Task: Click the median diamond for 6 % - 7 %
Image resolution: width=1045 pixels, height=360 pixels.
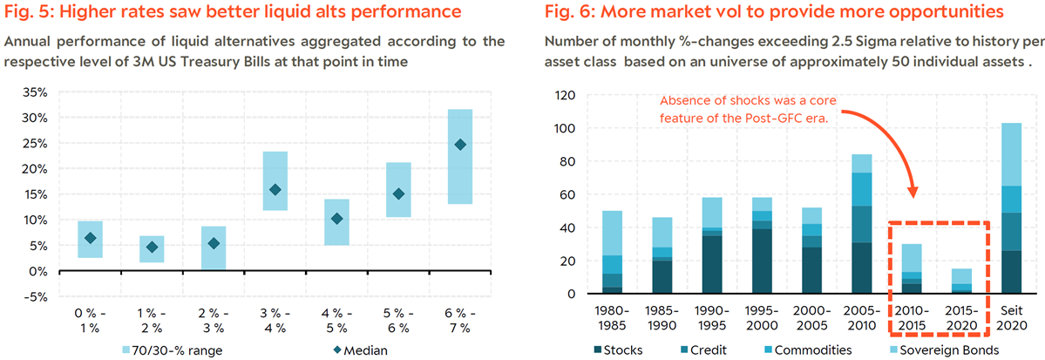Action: pyautogui.click(x=459, y=145)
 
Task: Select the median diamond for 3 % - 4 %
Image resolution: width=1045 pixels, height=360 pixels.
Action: pyautogui.click(x=275, y=190)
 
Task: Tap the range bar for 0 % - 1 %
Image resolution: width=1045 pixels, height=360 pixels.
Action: pyautogui.click(x=91, y=240)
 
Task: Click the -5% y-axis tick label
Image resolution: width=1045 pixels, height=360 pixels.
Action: pyautogui.click(x=35, y=296)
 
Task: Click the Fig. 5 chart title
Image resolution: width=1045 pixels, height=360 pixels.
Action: pyautogui.click(x=233, y=12)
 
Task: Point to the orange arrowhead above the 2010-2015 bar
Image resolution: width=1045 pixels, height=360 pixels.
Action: pyautogui.click(x=913, y=191)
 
